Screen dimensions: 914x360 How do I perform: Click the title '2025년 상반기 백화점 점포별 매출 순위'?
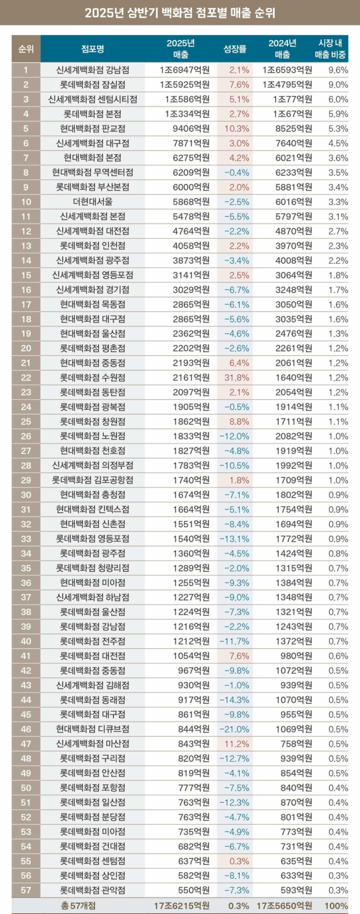pos(180,13)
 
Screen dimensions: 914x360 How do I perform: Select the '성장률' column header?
pos(235,49)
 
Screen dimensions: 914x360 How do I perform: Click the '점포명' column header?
pos(93,49)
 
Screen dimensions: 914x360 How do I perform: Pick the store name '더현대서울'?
pos(93,202)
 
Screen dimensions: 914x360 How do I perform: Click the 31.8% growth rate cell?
pos(237,378)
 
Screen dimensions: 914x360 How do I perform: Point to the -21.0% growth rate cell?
pos(235,729)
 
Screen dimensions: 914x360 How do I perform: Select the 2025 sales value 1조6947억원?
pos(185,70)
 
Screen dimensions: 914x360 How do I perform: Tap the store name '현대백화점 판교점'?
pos(93,128)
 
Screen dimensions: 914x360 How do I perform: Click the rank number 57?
pos(26,891)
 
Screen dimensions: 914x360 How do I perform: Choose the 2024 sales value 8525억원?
pos(294,128)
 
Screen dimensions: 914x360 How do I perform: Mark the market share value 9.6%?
pos(338,70)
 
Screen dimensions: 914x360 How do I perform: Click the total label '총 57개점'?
pos(78,906)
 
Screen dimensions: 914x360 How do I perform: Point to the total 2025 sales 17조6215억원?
pos(182,906)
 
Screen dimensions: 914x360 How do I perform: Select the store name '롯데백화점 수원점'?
pos(93,378)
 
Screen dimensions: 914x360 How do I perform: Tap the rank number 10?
pos(26,202)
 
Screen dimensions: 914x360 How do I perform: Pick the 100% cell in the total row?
pos(336,906)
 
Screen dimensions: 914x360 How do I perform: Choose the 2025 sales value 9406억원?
pos(191,128)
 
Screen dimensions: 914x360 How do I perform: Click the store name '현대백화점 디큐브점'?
pos(93,729)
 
